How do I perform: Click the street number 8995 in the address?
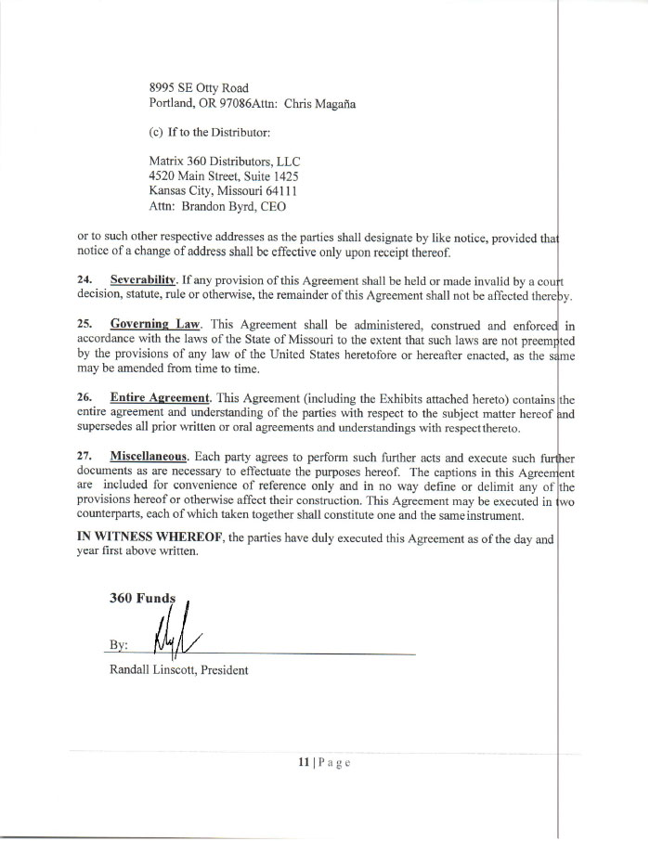tap(163, 88)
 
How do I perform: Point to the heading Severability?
tap(144, 278)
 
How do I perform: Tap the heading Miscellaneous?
tap(150, 458)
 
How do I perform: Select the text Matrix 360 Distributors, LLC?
tap(219, 160)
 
